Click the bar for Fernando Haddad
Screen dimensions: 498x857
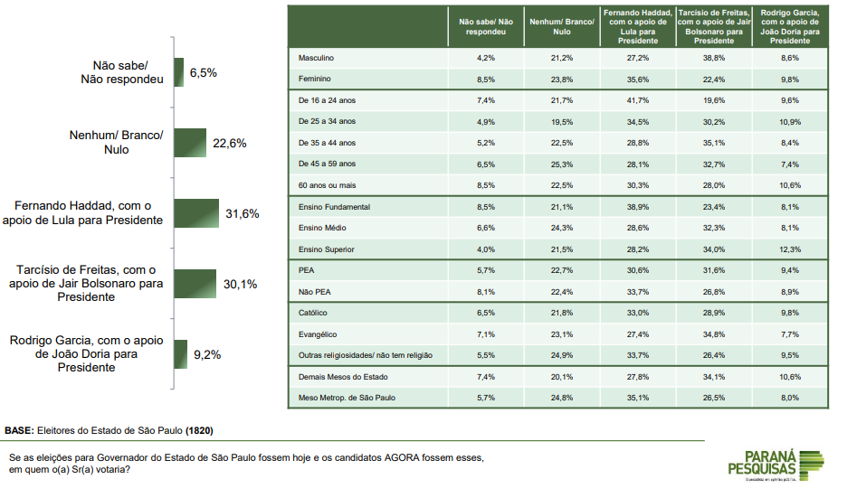click(x=196, y=213)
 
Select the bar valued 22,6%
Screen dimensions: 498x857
click(x=190, y=143)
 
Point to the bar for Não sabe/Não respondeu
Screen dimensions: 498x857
click(x=178, y=72)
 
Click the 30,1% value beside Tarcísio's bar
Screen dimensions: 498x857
click(x=240, y=284)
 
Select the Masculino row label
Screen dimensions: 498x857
click(x=317, y=58)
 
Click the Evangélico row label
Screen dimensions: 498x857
click(x=318, y=334)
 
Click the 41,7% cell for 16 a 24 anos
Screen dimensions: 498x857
click(x=637, y=100)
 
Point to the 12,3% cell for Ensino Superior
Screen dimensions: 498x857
click(x=790, y=249)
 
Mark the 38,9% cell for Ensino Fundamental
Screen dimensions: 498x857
click(x=637, y=207)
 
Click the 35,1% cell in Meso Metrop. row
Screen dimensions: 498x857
click(x=637, y=398)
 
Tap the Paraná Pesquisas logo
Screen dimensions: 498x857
click(x=776, y=463)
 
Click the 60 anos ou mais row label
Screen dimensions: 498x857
click(x=328, y=185)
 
